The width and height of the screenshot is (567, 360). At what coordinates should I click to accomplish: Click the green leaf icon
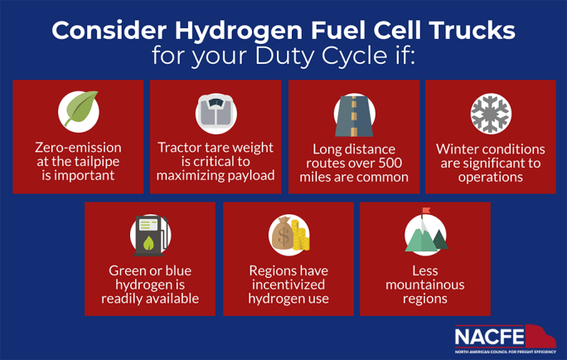(81, 109)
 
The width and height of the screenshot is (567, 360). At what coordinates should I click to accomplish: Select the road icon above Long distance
(354, 116)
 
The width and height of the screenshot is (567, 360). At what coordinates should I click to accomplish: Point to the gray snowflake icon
(491, 114)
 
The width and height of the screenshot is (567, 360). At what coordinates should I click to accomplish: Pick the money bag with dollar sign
(282, 233)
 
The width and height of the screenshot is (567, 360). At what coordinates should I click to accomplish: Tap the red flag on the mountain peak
(426, 211)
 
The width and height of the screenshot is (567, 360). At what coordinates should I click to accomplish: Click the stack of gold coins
(301, 236)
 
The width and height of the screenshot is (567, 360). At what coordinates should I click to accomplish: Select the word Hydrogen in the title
(239, 32)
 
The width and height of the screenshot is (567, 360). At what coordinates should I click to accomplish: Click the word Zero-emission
(78, 148)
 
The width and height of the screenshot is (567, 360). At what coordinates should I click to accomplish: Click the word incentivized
(288, 285)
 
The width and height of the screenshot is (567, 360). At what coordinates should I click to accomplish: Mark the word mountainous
(425, 285)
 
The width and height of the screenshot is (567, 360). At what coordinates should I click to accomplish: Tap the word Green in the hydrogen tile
(124, 270)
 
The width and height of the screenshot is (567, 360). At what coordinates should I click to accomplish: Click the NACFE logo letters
(489, 337)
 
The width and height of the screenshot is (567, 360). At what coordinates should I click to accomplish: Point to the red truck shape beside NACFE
(540, 338)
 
